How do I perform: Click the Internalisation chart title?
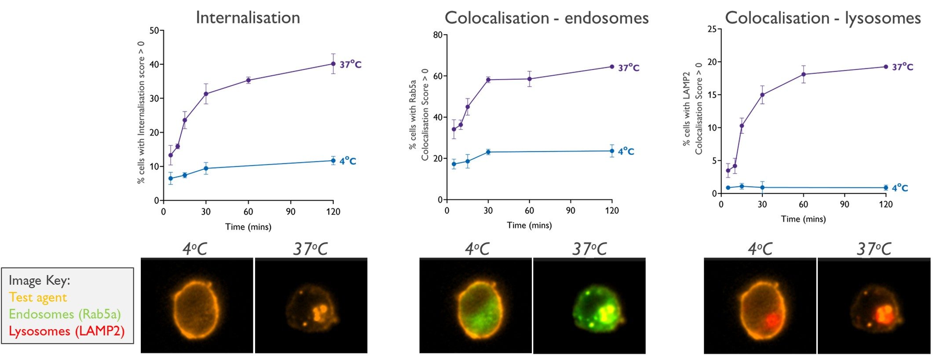248,18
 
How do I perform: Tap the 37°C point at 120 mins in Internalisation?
333,64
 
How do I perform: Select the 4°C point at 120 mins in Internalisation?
333,161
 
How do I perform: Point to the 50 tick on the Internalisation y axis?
154,31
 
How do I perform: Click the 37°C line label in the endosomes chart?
629,68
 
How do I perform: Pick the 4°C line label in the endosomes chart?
626,151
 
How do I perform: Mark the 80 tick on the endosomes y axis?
438,35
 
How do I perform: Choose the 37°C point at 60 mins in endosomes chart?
529,79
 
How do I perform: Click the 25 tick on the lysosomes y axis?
712,29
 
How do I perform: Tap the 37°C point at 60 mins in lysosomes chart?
803,74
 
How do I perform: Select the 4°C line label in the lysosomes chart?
900,188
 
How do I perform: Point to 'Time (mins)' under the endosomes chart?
529,225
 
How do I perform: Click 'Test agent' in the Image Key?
38,298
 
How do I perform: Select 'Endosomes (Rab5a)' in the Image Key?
65,314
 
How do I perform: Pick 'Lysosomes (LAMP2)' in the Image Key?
66,331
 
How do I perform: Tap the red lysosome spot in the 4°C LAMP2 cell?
771,320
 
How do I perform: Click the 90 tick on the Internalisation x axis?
291,212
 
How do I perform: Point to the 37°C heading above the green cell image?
589,249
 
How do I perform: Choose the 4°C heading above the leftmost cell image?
194,249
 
